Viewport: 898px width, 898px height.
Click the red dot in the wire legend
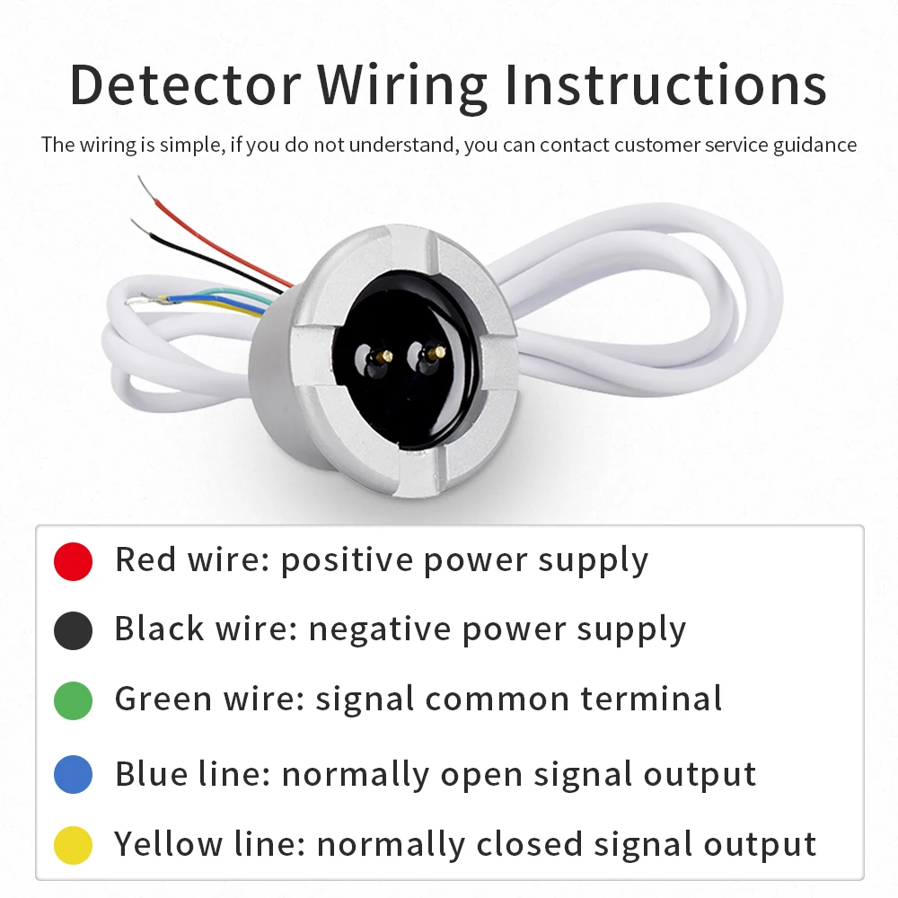pyautogui.click(x=73, y=561)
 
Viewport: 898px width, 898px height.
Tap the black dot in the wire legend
pyautogui.click(x=73, y=631)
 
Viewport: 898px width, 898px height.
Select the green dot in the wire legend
pyautogui.click(x=73, y=700)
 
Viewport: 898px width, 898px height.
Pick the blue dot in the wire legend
pyautogui.click(x=73, y=775)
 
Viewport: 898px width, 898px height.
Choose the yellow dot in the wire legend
pyautogui.click(x=73, y=845)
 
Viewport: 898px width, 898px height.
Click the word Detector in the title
pyautogui.click(x=185, y=85)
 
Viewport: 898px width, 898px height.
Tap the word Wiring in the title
pyautogui.click(x=402, y=85)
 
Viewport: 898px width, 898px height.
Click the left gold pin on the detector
pyautogui.click(x=383, y=356)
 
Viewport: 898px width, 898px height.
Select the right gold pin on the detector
pyautogui.click(x=437, y=352)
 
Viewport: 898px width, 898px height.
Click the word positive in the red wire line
pyautogui.click(x=347, y=561)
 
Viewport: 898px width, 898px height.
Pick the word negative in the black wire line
pyautogui.click(x=380, y=630)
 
